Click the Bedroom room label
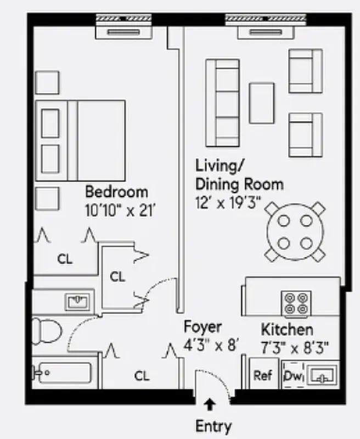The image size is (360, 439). tap(116, 192)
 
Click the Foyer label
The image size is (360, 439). tap(203, 328)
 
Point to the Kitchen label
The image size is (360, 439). tap(287, 330)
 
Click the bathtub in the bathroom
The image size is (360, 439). tap(61, 373)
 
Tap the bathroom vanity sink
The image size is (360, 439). tap(79, 301)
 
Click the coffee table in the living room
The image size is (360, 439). tap(262, 103)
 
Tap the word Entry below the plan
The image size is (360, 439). tap(213, 426)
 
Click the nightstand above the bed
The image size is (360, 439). tap(47, 82)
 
